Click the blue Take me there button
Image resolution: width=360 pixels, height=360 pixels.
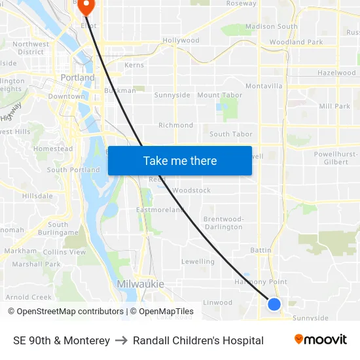[x=180, y=160]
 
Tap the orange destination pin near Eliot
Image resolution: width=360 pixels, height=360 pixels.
[x=86, y=6]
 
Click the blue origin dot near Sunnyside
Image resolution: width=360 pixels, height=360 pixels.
[x=274, y=304]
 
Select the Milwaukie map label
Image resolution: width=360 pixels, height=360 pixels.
[x=140, y=283]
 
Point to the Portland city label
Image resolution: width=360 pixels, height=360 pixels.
[x=77, y=77]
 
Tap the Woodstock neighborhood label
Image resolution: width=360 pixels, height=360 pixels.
[x=191, y=190]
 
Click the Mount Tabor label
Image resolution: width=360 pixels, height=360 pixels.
[x=219, y=95]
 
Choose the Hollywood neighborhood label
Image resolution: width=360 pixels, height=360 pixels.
[x=181, y=41]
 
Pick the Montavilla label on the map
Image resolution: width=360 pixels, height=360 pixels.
[x=264, y=86]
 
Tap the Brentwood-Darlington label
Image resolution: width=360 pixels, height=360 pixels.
[x=223, y=223]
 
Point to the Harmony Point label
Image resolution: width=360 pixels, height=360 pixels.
[x=261, y=282]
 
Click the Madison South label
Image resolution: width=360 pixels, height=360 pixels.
[x=271, y=27]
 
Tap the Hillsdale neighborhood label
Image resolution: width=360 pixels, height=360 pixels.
[x=37, y=196]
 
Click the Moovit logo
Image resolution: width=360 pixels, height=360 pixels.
[x=320, y=340]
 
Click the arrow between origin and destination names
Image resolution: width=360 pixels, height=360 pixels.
[x=121, y=340]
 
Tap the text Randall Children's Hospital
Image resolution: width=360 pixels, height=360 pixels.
[x=198, y=340]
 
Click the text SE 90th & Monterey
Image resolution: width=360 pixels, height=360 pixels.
[x=62, y=340]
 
